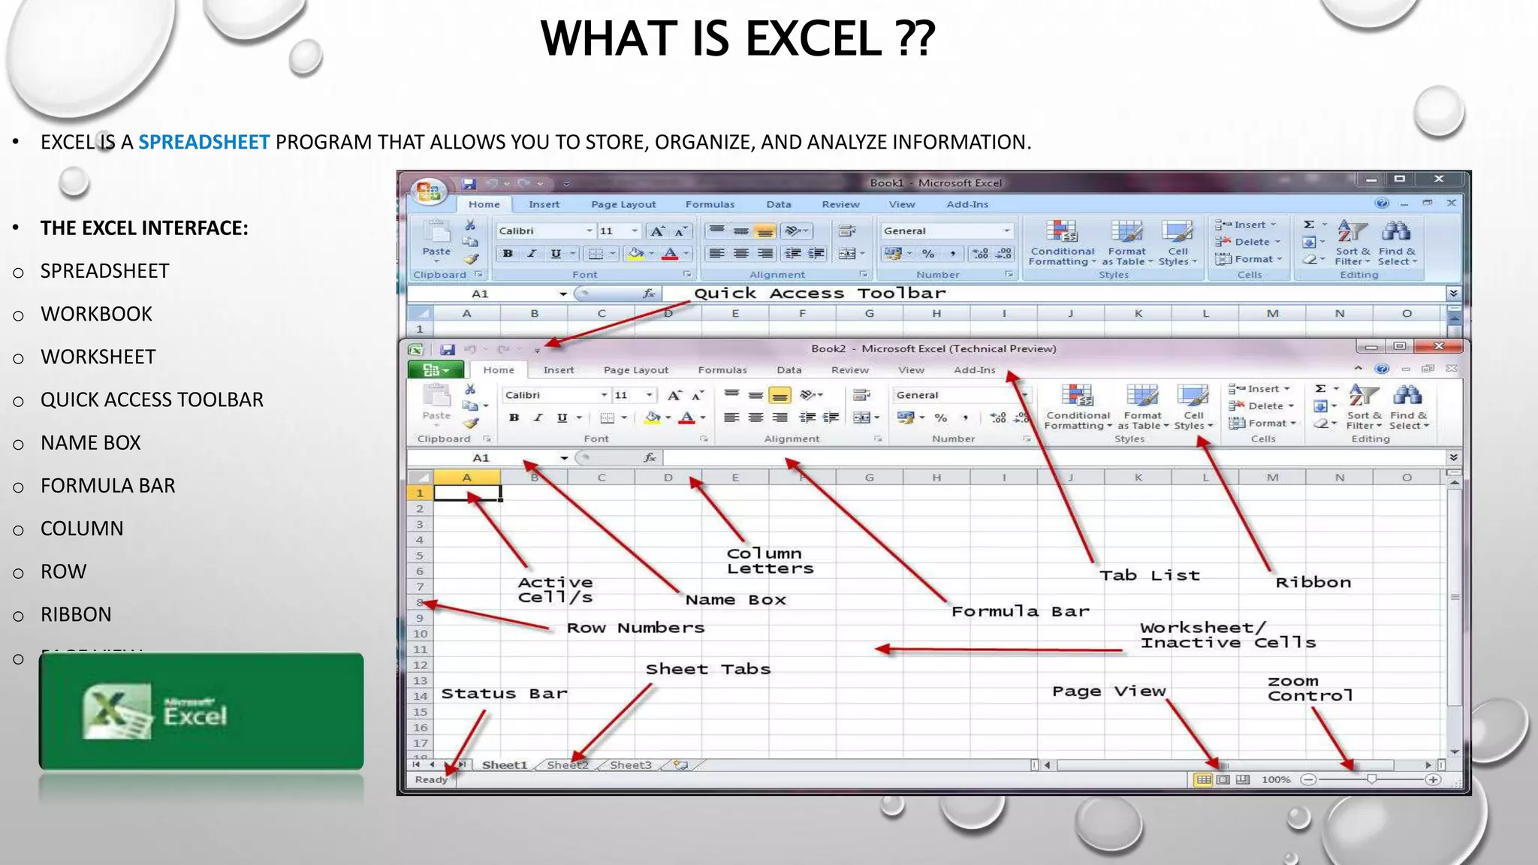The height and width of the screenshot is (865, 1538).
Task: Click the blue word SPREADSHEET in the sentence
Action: tap(204, 142)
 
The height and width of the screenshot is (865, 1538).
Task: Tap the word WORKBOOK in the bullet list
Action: tap(96, 314)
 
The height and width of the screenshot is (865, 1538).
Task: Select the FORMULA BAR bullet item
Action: tap(107, 486)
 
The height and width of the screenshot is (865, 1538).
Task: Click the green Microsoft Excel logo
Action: tap(201, 711)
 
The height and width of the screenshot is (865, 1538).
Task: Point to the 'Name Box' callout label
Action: tap(735, 600)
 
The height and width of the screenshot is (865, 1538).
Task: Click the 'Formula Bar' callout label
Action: tap(1020, 611)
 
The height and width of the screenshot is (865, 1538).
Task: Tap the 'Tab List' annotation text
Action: tap(1149, 576)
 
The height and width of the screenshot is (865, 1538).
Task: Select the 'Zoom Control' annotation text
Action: tap(1309, 689)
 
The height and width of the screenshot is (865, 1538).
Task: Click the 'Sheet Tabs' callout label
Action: tap(707, 669)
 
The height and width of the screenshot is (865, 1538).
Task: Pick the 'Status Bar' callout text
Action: tap(504, 694)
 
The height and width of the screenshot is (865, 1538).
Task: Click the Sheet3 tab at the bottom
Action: tap(630, 765)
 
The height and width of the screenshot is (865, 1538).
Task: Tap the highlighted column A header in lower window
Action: tap(466, 478)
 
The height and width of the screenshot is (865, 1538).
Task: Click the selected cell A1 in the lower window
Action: tap(467, 493)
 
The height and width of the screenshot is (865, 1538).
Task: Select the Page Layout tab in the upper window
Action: tap(623, 204)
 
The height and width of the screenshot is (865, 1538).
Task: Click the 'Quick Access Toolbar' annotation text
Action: tap(819, 294)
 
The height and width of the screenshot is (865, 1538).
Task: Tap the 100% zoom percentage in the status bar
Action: tap(1275, 780)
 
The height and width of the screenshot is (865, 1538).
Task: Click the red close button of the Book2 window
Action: tap(1438, 346)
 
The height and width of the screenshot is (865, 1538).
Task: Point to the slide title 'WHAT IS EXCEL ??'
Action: tap(737, 39)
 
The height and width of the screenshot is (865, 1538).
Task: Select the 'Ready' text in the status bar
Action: tap(431, 780)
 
